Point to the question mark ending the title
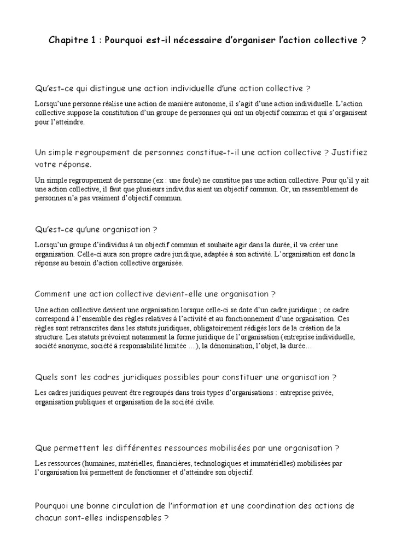364,40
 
